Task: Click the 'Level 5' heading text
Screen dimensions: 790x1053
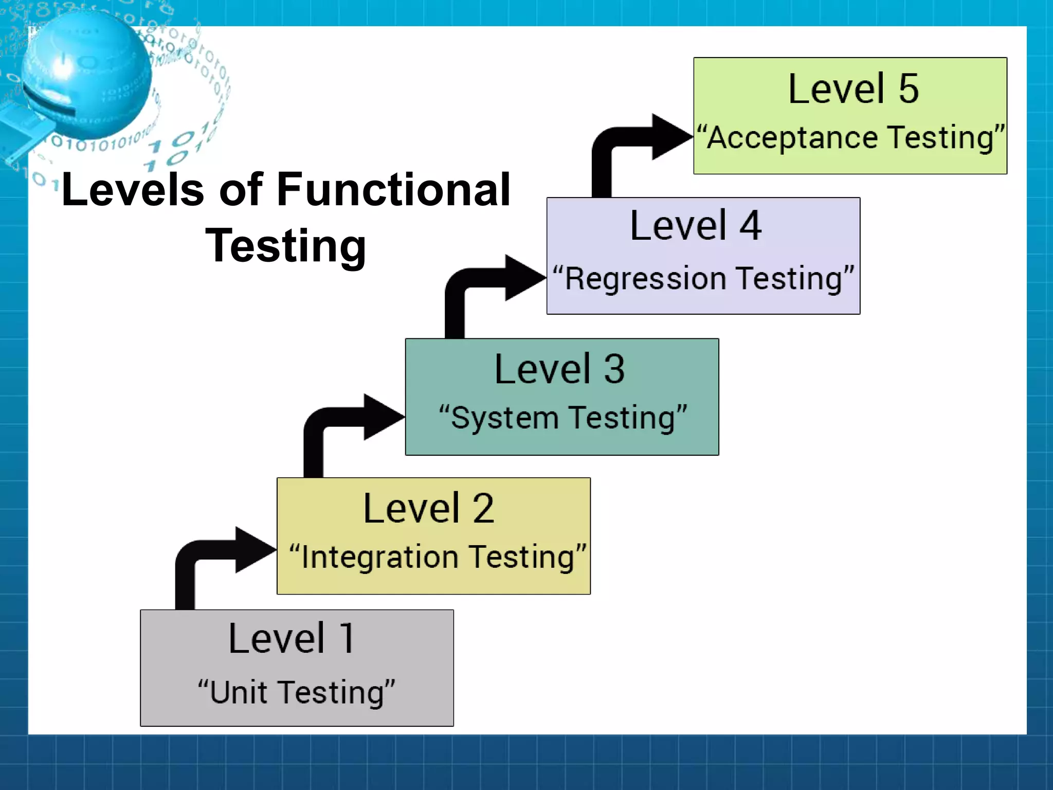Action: pyautogui.click(x=853, y=89)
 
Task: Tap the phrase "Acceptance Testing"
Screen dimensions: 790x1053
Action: pyautogui.click(x=851, y=138)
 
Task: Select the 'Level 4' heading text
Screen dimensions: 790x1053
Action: pyautogui.click(x=696, y=226)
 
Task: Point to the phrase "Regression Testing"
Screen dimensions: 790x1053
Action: pyautogui.click(x=703, y=279)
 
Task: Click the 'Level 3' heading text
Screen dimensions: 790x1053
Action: pyautogui.click(x=559, y=369)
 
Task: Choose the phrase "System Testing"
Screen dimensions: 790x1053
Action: pyautogui.click(x=562, y=418)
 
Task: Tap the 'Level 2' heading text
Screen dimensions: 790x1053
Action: pyautogui.click(x=428, y=509)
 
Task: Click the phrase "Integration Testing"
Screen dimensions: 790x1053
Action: pyautogui.click(x=438, y=557)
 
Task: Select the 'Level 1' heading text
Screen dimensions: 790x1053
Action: pyautogui.click(x=291, y=639)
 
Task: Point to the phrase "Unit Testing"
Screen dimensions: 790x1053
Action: pyautogui.click(x=297, y=692)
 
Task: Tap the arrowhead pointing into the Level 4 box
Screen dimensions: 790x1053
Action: pyautogui.click(x=524, y=278)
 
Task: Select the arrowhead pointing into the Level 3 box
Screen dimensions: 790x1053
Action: pyautogui.click(x=383, y=417)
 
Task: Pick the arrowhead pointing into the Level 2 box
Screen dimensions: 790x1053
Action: pyautogui.click(x=254, y=550)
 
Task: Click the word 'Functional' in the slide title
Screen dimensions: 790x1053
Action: pyautogui.click(x=393, y=190)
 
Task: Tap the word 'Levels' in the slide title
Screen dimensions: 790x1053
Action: pyautogui.click(x=133, y=190)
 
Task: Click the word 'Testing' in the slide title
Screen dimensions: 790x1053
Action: pyautogui.click(x=286, y=246)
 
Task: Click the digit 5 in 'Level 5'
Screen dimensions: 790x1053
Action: pyautogui.click(x=909, y=89)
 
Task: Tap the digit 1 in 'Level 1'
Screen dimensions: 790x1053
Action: pyautogui.click(x=347, y=639)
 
